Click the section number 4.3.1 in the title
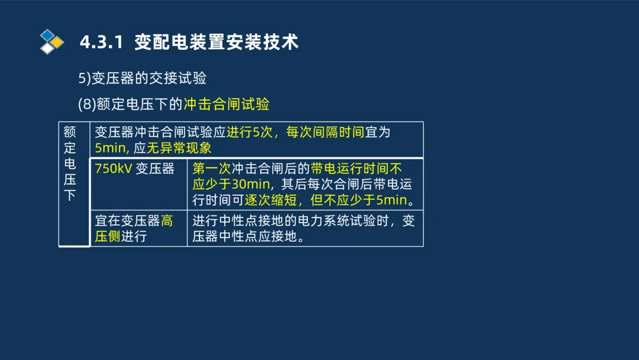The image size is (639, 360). [100, 43]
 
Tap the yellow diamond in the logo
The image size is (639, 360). [58, 42]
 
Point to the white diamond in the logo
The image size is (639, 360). [47, 48]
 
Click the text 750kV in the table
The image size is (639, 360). [113, 169]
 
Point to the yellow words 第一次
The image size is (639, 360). [212, 169]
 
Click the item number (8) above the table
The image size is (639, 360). [86, 104]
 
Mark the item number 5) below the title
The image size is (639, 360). [84, 79]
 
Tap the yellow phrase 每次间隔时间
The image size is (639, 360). [325, 132]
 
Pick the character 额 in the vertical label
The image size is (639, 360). [70, 132]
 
